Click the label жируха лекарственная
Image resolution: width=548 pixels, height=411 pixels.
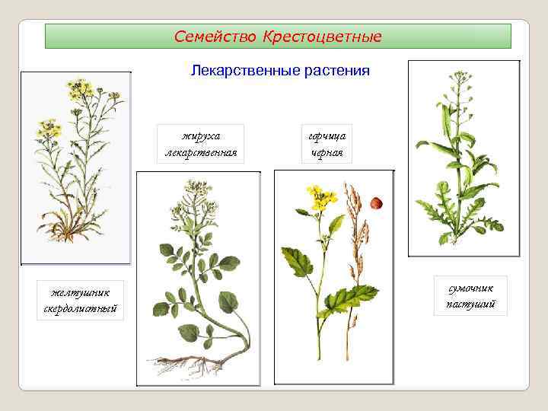(x=201, y=144)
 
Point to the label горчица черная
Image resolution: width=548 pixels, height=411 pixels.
(x=327, y=144)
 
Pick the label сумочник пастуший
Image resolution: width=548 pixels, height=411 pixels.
(x=471, y=296)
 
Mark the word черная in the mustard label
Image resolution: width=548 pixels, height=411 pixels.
(x=327, y=152)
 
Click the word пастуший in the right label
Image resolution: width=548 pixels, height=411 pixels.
(x=471, y=304)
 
